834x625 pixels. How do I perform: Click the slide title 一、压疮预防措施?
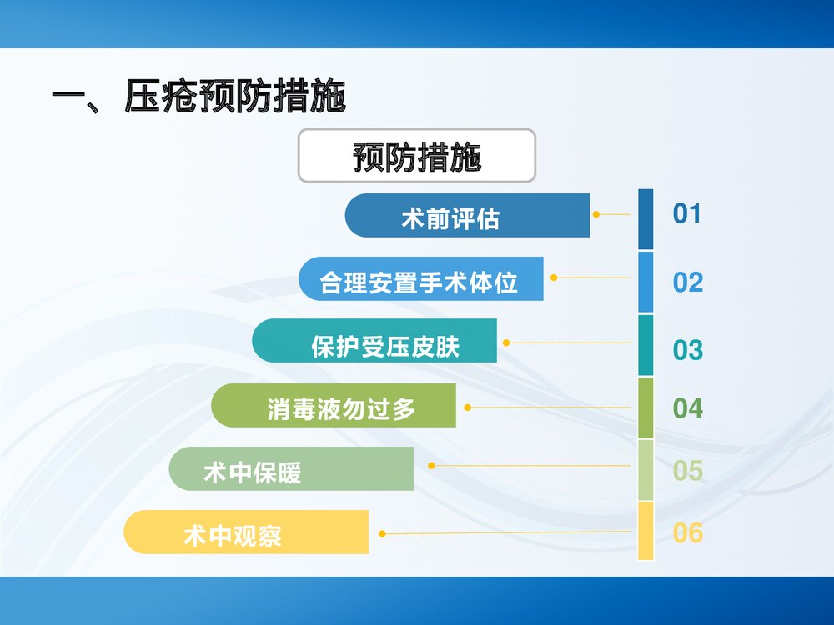198,97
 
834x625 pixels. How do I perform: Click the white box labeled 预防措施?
416,156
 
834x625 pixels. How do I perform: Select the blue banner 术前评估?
467,216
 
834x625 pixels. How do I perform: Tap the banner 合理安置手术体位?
421,279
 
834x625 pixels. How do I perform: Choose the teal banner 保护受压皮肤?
374,342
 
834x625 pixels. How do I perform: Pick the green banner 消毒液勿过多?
334,406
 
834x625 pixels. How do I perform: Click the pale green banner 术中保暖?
291,469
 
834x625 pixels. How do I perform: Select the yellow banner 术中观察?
246,532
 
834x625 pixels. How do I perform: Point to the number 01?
687,214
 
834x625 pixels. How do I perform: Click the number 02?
688,282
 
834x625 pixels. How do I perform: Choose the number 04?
688,408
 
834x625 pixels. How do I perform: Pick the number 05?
688,471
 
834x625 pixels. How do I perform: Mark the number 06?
688,532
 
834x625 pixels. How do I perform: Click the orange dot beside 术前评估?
596,214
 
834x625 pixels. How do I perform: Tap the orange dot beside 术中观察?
382,533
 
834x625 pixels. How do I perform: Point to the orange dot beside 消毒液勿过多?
468,407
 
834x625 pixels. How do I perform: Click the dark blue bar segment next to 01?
646,219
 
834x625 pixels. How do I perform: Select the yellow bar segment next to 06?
646,531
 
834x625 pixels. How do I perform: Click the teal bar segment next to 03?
646,345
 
